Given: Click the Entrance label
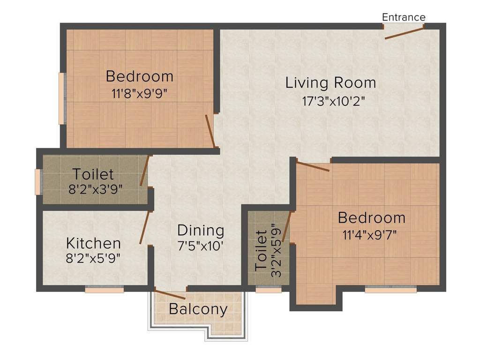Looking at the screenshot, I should (x=404, y=17).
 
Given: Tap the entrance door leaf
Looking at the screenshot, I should (x=405, y=32).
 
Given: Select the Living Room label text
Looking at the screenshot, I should (x=330, y=83).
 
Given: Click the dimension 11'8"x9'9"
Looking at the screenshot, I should (x=139, y=93).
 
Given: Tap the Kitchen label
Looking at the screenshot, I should (x=93, y=243).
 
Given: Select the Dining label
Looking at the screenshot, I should (x=201, y=231).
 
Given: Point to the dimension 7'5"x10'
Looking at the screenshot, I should (x=201, y=246).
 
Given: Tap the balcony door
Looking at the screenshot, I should (x=170, y=295).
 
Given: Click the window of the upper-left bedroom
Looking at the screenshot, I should (x=61, y=98).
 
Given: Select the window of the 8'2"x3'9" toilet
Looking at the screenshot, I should (x=38, y=181).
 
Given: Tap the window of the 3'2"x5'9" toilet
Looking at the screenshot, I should (x=269, y=290).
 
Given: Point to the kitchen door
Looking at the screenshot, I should (x=144, y=227).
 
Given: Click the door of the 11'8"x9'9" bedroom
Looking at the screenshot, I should (x=210, y=131).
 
